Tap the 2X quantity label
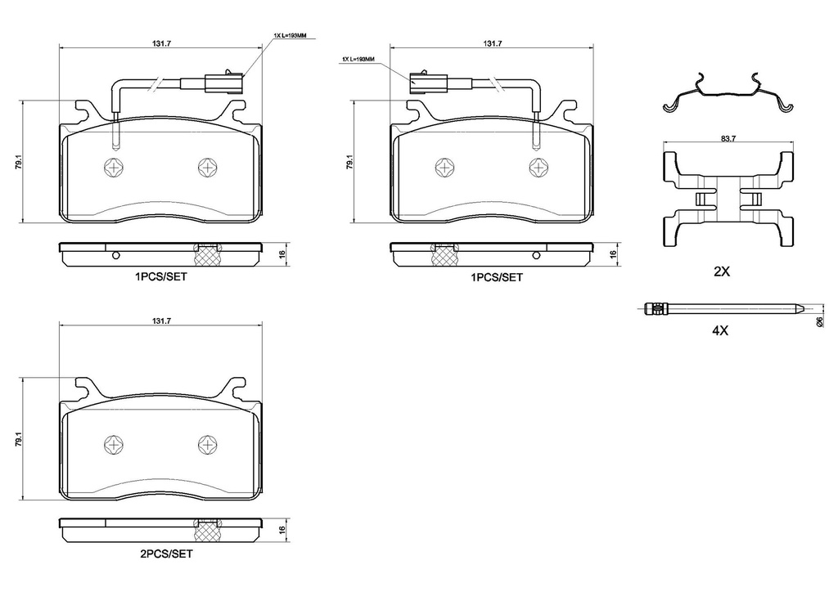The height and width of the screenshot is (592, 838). pos(721,272)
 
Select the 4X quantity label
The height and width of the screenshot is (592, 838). pos(720,331)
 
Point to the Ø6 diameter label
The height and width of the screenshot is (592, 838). pos(820,322)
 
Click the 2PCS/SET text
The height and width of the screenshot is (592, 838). pos(166,553)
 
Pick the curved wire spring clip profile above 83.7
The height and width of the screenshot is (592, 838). pos(727,95)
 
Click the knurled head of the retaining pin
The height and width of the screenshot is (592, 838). pos(654,309)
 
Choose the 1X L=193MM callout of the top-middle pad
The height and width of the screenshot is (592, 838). pos(358,60)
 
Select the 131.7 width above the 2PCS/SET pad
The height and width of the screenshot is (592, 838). pos(162,321)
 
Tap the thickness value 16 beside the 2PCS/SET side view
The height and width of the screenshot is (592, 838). pos(281,530)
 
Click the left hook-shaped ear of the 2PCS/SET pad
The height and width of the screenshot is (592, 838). pos(83,386)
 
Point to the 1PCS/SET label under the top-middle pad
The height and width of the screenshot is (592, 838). pos(496,277)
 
